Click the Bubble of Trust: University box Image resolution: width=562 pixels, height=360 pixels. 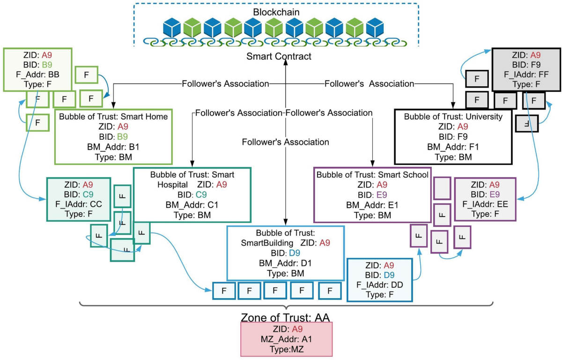[452, 136]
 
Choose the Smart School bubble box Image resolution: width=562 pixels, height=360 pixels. [372, 195]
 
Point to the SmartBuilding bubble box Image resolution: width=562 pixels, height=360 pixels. [285, 253]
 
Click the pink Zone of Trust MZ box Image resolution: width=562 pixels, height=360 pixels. [286, 339]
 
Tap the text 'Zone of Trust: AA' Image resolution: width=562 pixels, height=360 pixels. [286, 317]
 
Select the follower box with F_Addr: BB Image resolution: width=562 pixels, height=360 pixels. [37, 68]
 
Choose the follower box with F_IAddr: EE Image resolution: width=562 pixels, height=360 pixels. [485, 199]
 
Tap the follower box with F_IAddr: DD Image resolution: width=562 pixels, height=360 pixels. [380, 280]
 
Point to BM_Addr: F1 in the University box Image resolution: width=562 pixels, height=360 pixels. [452, 146]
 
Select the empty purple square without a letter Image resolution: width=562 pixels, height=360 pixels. [442, 188]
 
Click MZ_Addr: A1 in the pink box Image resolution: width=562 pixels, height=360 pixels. [286, 340]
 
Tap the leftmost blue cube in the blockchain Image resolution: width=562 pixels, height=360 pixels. [172, 28]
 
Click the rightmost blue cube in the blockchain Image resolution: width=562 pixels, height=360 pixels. [375, 28]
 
